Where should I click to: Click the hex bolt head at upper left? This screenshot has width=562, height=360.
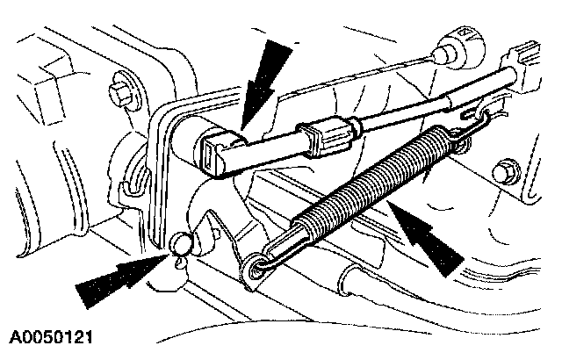pyautogui.click(x=119, y=92)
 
